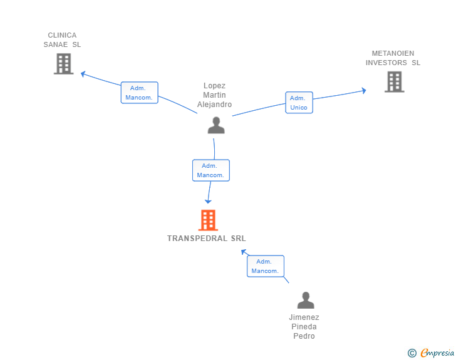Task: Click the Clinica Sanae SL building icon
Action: coord(64,64)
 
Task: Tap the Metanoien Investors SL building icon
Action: coord(395,82)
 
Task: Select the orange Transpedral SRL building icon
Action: coord(208,220)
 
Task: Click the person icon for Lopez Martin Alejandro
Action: coord(216,125)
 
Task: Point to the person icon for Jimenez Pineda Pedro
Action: coord(306,300)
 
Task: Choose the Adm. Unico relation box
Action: coord(299,103)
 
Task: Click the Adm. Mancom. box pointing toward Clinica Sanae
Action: coord(139,93)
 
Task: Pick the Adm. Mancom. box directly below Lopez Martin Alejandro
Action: coord(211,170)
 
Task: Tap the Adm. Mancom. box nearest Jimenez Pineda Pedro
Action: coord(266,266)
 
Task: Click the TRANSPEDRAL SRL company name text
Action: coord(207,239)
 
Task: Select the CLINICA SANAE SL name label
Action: coord(62,40)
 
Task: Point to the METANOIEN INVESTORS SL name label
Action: coord(393,58)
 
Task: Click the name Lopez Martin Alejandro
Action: coord(215,95)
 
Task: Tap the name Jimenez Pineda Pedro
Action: coord(304,327)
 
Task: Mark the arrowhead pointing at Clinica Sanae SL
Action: coord(83,74)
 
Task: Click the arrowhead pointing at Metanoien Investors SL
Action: coord(364,91)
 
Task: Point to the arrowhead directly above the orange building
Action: coord(208,202)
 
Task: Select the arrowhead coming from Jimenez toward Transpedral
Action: coord(244,252)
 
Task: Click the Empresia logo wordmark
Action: coord(437,352)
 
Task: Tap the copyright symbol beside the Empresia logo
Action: coord(412,353)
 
